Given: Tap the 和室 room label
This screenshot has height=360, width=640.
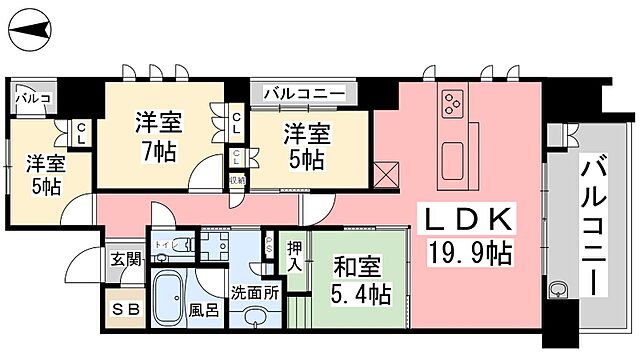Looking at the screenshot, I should click(356, 268).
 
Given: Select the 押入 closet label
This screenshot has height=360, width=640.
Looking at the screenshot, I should click(295, 256).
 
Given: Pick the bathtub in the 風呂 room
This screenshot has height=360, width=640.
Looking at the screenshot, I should click(170, 298).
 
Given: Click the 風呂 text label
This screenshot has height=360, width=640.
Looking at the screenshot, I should click(204, 309).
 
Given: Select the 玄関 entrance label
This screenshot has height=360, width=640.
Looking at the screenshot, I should click(126, 259).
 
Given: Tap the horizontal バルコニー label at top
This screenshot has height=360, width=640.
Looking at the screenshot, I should click(305, 94).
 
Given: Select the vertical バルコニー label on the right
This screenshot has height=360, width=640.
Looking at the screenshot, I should click(594, 225).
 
